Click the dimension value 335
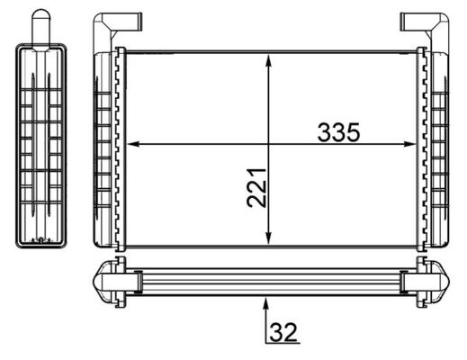338,132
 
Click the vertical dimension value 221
257,186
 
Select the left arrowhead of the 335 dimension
132,143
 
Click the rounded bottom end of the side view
40,241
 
